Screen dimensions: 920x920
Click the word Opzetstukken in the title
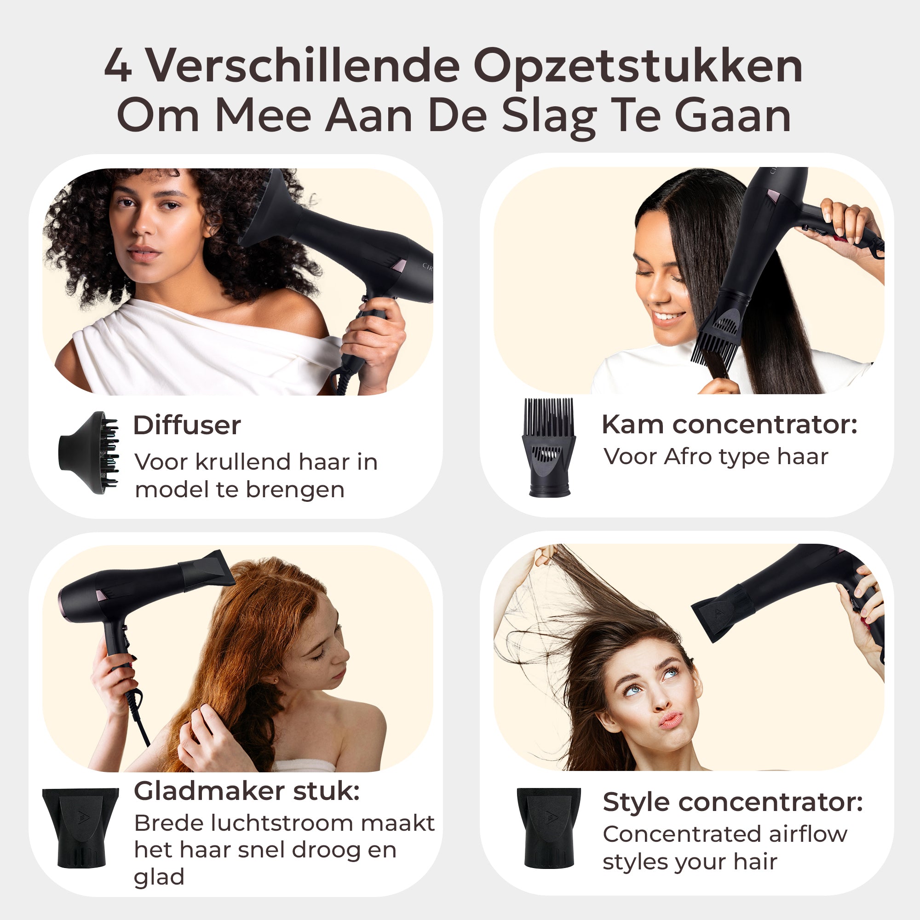638,67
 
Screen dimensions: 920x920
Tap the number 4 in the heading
118,67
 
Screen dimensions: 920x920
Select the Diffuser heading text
187,425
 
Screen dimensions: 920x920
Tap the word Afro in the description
684,457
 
